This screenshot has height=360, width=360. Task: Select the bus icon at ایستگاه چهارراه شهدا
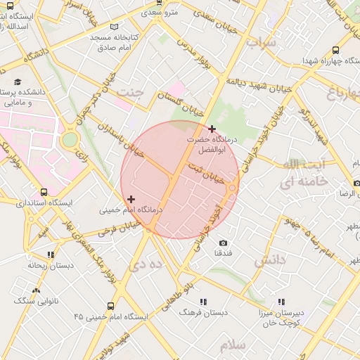(x=335, y=51)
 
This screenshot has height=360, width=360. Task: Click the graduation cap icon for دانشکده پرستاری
(x=17, y=82)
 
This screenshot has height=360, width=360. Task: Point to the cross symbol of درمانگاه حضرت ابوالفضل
(x=212, y=129)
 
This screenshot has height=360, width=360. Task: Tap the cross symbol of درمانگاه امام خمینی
(x=131, y=200)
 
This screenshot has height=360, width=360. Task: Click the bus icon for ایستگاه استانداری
(x=44, y=192)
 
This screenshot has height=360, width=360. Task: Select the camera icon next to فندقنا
(x=223, y=243)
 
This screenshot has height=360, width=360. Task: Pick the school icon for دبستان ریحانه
(x=50, y=255)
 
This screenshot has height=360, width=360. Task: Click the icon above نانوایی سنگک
(x=36, y=290)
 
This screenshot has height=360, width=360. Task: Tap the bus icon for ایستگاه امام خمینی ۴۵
(x=111, y=306)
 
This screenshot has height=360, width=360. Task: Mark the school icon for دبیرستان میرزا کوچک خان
(x=281, y=302)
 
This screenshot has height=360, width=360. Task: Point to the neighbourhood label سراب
(x=262, y=43)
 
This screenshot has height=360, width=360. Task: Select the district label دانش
(x=270, y=261)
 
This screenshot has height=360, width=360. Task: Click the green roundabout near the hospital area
(x=70, y=139)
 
